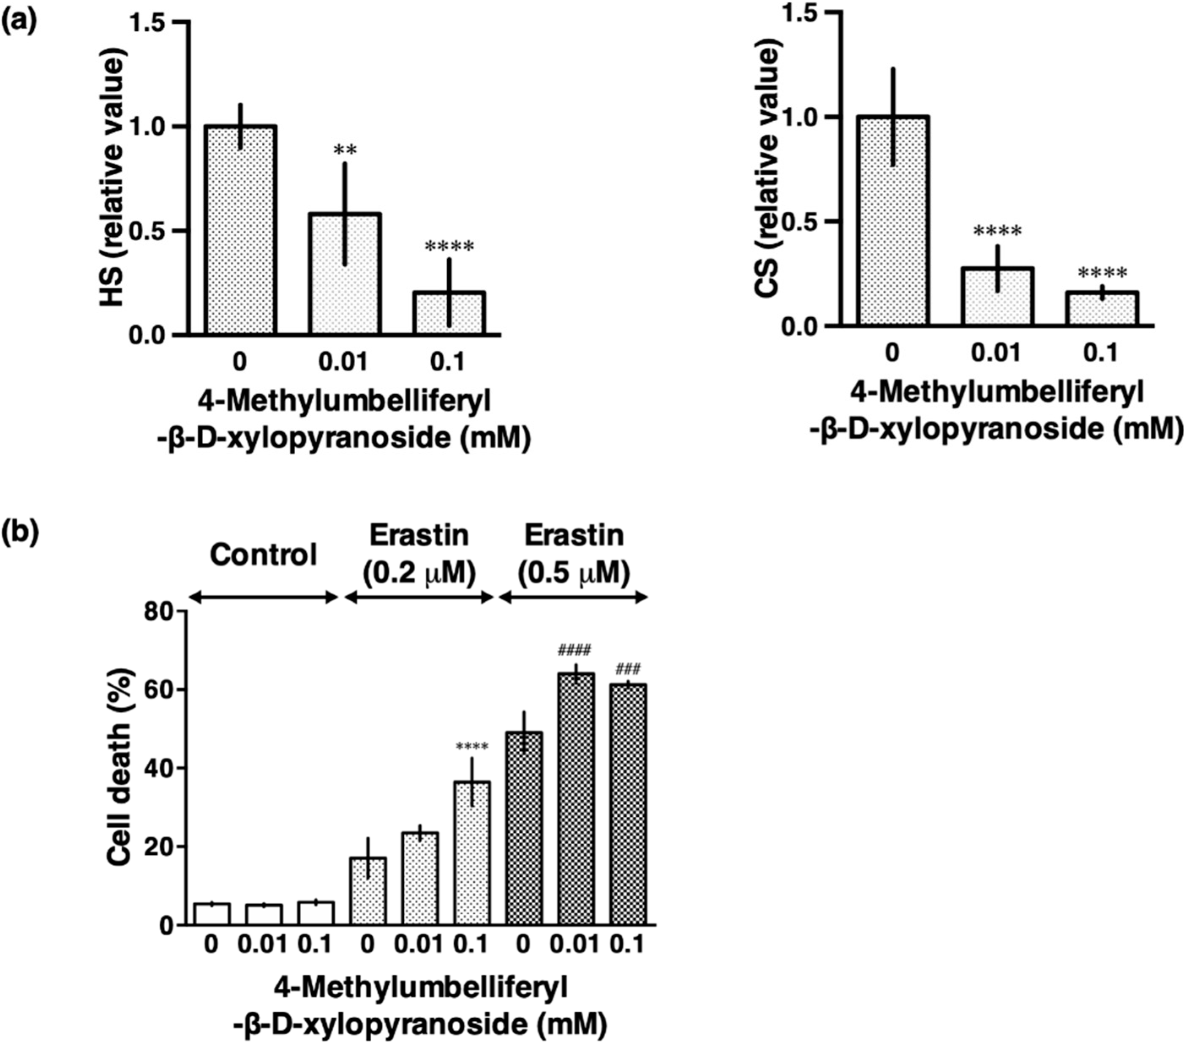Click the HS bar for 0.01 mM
pyautogui.click(x=344, y=275)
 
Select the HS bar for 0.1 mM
pyautogui.click(x=449, y=314)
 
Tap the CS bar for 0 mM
pyautogui.click(x=894, y=221)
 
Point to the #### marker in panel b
pyautogui.click(x=574, y=651)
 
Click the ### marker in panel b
pyautogui.click(x=628, y=670)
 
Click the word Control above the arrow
pyautogui.click(x=264, y=555)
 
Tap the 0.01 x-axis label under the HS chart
pyautogui.click(x=343, y=362)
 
